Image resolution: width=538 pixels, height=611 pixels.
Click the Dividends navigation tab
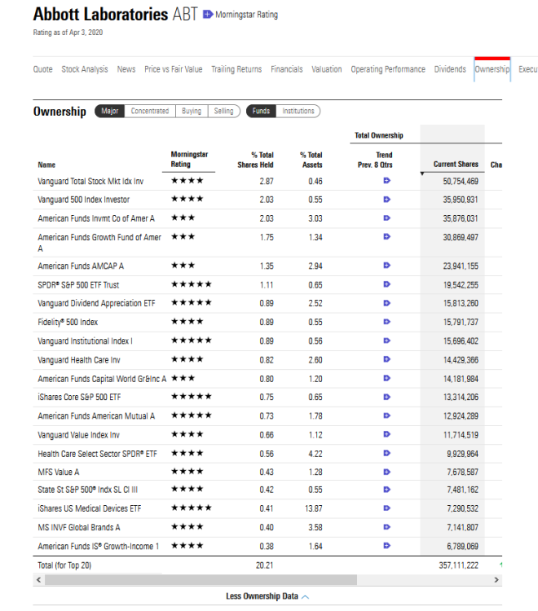coord(450,69)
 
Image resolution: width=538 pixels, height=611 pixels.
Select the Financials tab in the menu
coord(286,69)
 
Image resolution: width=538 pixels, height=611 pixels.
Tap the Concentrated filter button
coord(150,111)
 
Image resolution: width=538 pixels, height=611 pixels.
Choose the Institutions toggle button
coord(298,111)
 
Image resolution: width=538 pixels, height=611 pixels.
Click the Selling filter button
coord(223,111)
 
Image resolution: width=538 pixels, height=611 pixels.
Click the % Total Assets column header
coord(311,159)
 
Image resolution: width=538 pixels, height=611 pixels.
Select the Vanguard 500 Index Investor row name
coord(83,200)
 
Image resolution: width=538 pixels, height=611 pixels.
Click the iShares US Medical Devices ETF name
coord(89,508)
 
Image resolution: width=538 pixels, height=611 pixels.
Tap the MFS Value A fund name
coord(59,472)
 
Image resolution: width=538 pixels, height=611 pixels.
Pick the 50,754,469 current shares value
coord(460,181)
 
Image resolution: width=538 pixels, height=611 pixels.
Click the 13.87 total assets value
coord(315,508)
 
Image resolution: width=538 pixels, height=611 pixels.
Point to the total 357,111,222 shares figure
coord(458,564)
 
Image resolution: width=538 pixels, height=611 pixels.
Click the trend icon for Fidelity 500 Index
coord(386,322)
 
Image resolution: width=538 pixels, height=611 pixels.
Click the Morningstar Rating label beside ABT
coord(246,15)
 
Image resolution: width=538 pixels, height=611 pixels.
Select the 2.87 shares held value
coord(266,181)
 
